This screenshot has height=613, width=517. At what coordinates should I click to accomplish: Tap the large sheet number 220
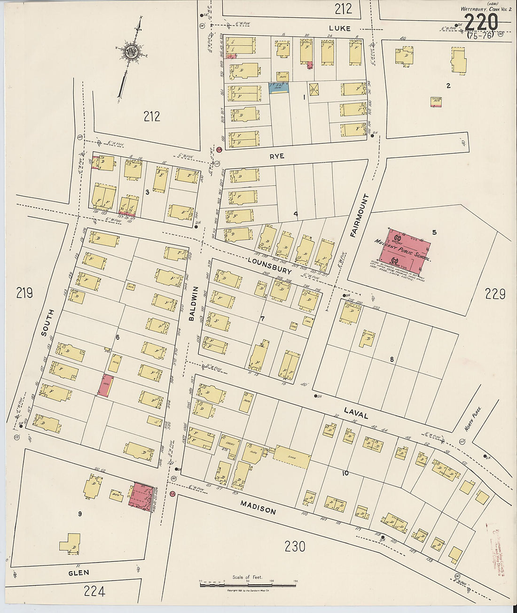[481, 23]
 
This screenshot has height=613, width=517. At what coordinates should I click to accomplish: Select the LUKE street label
[339, 28]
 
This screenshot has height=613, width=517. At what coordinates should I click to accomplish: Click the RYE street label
[277, 156]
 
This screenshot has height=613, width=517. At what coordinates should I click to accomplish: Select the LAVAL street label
[356, 413]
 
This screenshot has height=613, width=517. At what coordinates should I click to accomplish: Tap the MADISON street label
[258, 507]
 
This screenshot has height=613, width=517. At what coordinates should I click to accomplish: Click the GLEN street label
[78, 573]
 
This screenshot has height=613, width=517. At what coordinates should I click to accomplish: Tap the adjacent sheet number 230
[295, 546]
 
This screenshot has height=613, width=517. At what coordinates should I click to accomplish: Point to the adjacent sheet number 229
[495, 294]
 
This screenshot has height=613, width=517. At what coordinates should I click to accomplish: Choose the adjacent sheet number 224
[94, 591]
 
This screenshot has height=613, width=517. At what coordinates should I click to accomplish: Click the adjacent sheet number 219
[24, 293]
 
